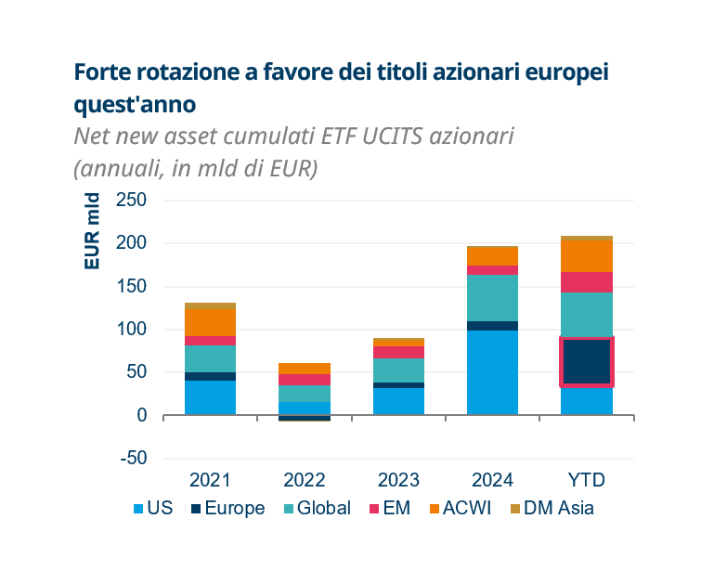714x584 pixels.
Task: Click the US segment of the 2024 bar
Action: [x=492, y=372]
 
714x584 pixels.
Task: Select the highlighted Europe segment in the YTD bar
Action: [x=586, y=361]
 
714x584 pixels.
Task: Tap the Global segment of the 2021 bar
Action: [x=210, y=358]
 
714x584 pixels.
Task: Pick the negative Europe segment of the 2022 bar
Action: [x=305, y=418]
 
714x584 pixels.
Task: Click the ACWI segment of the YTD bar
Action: [x=586, y=256]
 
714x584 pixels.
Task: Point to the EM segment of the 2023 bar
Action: [x=398, y=352]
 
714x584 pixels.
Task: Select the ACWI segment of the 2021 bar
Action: [x=210, y=322]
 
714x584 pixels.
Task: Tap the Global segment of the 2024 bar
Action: [x=492, y=297]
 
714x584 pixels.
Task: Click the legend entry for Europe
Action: [x=227, y=508]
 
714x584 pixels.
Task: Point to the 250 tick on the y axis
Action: [x=131, y=201]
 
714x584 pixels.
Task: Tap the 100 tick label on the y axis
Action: [x=131, y=330]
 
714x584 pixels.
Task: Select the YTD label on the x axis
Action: [x=586, y=480]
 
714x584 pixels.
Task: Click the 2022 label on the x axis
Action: [x=305, y=480]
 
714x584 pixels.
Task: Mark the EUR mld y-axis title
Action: [x=92, y=231]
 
